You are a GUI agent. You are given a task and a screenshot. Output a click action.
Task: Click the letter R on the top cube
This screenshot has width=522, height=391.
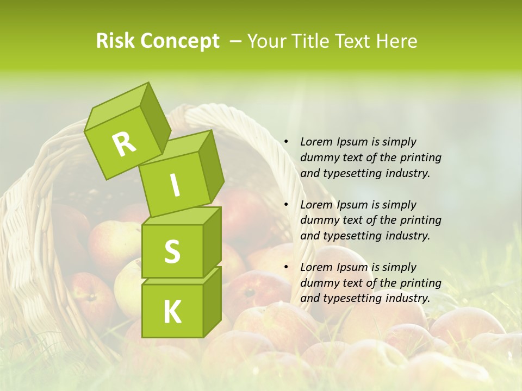click(124, 144)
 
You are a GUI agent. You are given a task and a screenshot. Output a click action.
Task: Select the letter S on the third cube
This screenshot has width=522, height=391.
click(172, 251)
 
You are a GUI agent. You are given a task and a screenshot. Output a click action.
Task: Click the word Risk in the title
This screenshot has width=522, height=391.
click(115, 41)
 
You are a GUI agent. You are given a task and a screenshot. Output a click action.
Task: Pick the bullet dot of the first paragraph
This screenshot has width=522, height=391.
click(286, 142)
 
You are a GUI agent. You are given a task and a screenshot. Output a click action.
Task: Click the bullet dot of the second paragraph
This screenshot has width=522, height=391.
click(286, 205)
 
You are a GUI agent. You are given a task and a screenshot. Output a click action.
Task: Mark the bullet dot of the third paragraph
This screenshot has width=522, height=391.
click(286, 267)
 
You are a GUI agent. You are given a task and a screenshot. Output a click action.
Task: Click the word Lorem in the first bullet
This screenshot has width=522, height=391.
click(316, 142)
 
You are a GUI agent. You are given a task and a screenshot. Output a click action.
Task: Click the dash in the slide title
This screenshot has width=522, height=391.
click(235, 41)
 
